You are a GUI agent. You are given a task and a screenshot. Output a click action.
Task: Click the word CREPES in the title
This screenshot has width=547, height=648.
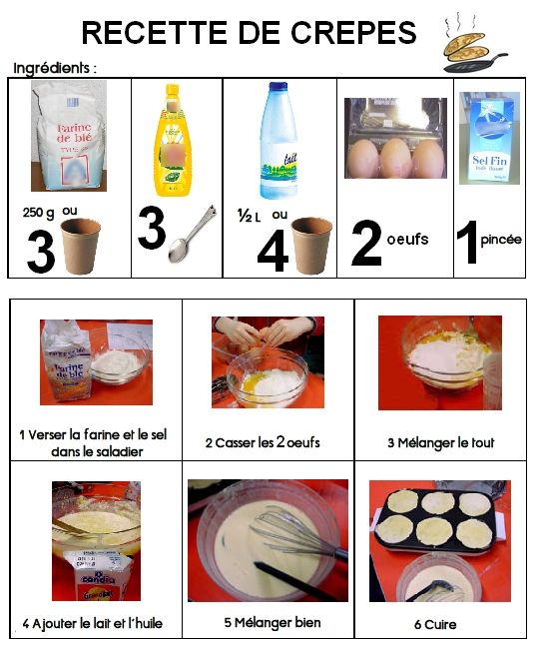coord(353,32)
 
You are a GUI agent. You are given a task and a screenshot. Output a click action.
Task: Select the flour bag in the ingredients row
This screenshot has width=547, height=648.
coord(69,136)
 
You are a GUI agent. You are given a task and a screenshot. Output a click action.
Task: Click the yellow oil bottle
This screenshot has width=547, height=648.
coord(173,140)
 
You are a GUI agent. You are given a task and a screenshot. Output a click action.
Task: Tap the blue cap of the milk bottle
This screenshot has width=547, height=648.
coord(278,86)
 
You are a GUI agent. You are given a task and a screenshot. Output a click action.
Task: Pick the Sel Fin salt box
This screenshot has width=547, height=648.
coord(489,138)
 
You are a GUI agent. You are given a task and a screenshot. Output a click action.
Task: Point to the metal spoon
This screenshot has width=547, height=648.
coord(193,234)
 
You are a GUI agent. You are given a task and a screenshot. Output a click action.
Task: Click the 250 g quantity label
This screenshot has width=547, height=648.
coord(38,213)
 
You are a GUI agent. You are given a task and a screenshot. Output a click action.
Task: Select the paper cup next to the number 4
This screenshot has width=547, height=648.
coord(311,246)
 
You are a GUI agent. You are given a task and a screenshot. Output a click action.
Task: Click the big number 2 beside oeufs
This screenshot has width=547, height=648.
coord(366,243)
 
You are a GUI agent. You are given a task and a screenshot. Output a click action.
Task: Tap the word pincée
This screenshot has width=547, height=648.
coord(501,240)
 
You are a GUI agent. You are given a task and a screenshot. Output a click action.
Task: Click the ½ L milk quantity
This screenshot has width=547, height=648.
coord(250,216)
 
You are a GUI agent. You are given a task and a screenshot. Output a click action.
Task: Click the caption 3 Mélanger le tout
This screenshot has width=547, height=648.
coord(441,442)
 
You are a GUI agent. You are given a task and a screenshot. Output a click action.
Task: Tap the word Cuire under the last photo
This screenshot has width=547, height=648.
coord(440,624)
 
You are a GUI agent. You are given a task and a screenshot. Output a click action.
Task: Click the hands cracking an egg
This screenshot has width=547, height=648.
coord(266,331)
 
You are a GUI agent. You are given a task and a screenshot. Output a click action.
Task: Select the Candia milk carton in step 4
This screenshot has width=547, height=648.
coord(97,574)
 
